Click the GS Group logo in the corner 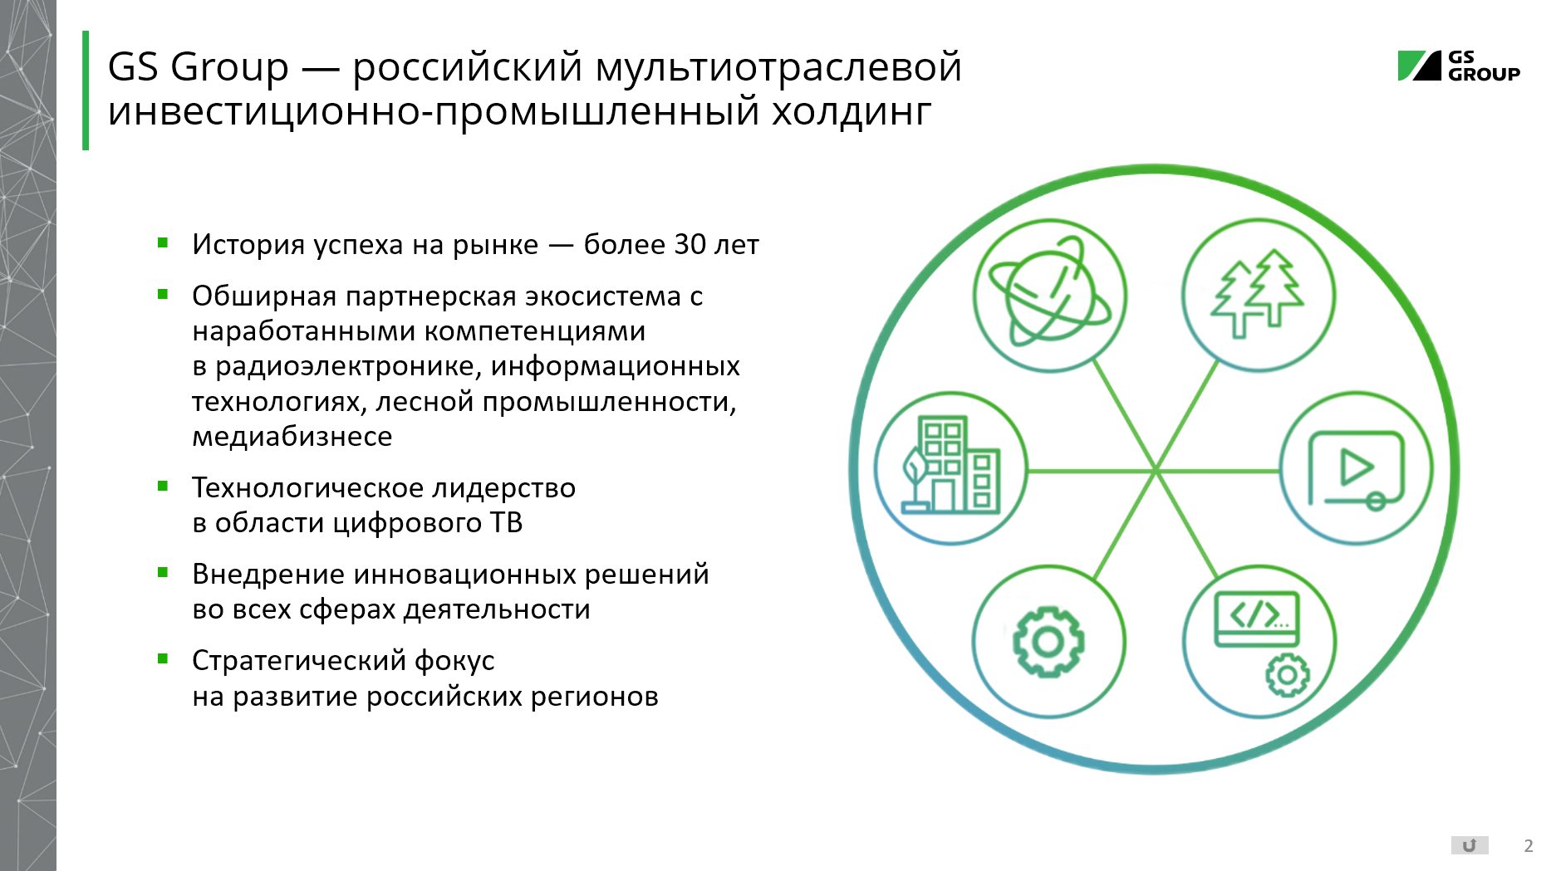(x=1459, y=66)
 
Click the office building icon (x=951, y=464)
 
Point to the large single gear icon (x=1048, y=641)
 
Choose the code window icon (x=1256, y=619)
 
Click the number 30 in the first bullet (x=690, y=244)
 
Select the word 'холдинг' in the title (x=852, y=112)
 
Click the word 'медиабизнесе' (x=292, y=436)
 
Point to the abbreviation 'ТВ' (x=506, y=522)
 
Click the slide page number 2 (x=1529, y=846)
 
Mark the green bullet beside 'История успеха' (x=163, y=243)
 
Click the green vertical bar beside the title (x=86, y=91)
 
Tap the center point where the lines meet (x=1155, y=471)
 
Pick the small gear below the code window (x=1287, y=675)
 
